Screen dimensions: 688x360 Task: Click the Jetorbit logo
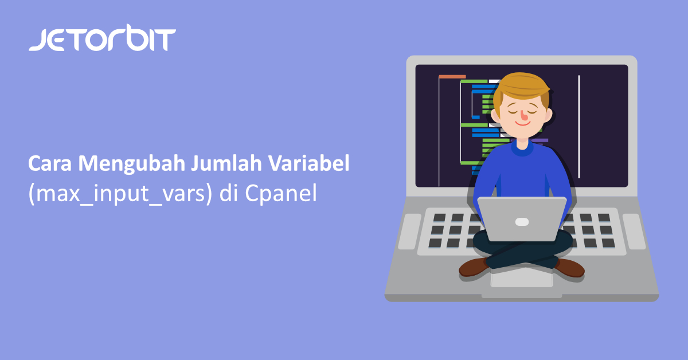coord(102,38)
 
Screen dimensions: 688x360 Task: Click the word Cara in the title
coord(50,163)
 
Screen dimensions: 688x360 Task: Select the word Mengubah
coord(132,164)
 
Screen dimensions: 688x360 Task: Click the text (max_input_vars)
coord(120,194)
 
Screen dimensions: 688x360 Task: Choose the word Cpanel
coord(280,194)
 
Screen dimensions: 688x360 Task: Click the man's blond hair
coord(521,87)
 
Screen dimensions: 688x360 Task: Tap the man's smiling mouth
coord(522,124)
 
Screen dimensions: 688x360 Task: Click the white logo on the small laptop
coord(522,221)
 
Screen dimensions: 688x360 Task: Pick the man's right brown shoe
coord(569,268)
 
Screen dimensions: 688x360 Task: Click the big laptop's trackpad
coord(522,278)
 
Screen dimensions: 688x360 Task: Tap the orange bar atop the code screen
coord(452,76)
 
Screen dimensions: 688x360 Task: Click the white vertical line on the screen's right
coord(579,127)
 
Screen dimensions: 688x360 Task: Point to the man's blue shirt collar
coord(522,148)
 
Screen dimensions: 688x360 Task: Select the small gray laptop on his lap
coord(522,219)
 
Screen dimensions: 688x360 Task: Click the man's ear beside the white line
coord(548,115)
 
